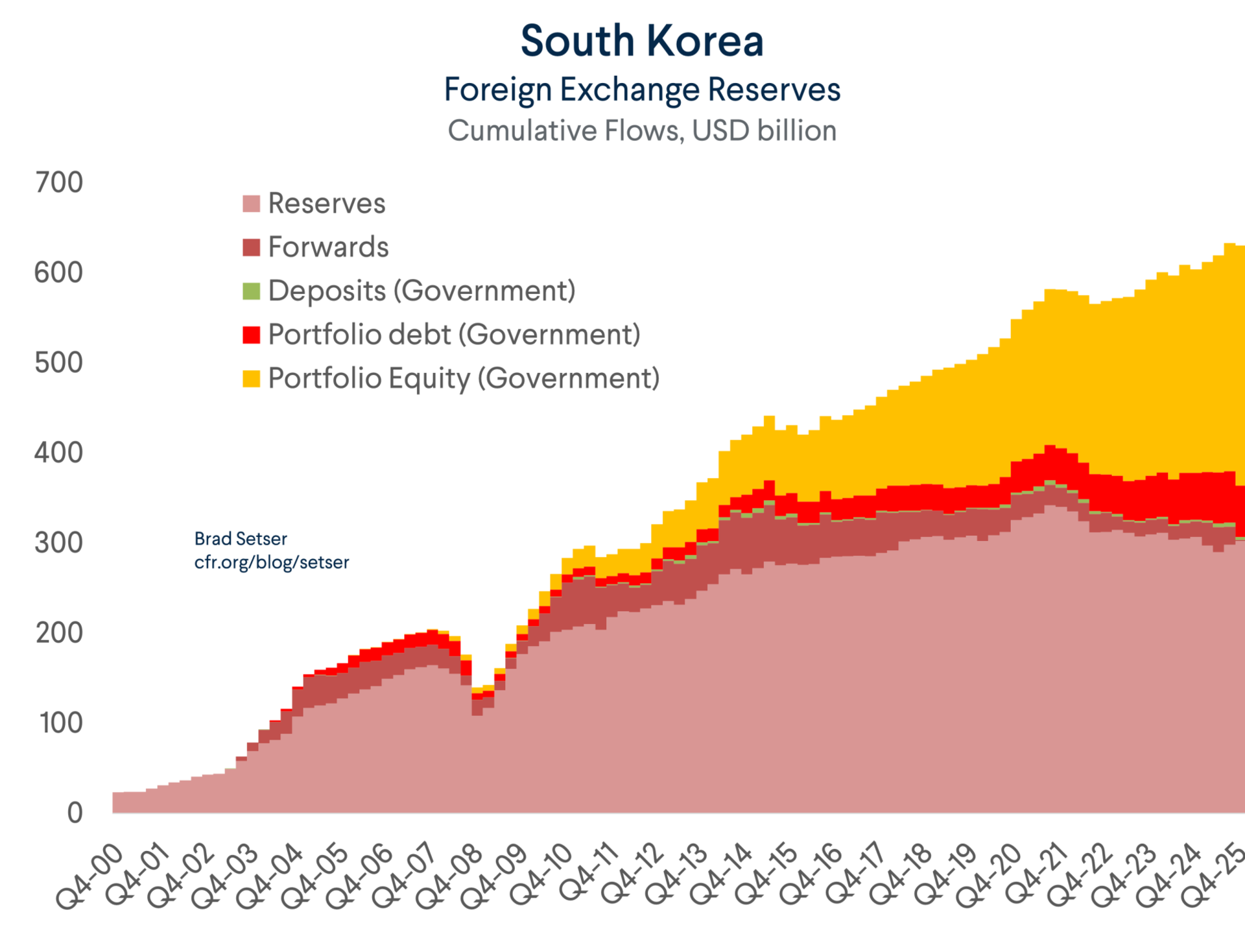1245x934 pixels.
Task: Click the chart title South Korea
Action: coord(642,41)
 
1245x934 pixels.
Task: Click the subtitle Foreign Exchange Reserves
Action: coord(642,90)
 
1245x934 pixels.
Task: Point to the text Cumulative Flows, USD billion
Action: coord(642,131)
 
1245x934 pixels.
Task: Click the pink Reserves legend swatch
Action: coord(251,204)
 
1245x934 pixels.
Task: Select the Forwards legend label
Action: coord(328,247)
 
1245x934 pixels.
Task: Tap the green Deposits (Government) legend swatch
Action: coord(251,291)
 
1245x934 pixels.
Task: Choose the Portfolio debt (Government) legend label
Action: coord(454,335)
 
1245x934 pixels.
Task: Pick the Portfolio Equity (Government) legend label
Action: coord(464,379)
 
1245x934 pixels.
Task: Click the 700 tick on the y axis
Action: coord(59,183)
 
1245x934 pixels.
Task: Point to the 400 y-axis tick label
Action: coord(59,453)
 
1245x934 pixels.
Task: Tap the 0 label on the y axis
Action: coord(75,813)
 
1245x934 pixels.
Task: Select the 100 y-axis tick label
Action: coord(60,723)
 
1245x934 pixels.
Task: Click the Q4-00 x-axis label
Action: coord(89,876)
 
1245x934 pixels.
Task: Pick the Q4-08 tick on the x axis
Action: coord(449,876)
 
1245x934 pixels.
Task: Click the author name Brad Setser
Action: coord(241,539)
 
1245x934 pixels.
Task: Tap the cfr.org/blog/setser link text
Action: coord(272,562)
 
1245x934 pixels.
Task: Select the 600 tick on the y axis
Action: coord(59,273)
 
